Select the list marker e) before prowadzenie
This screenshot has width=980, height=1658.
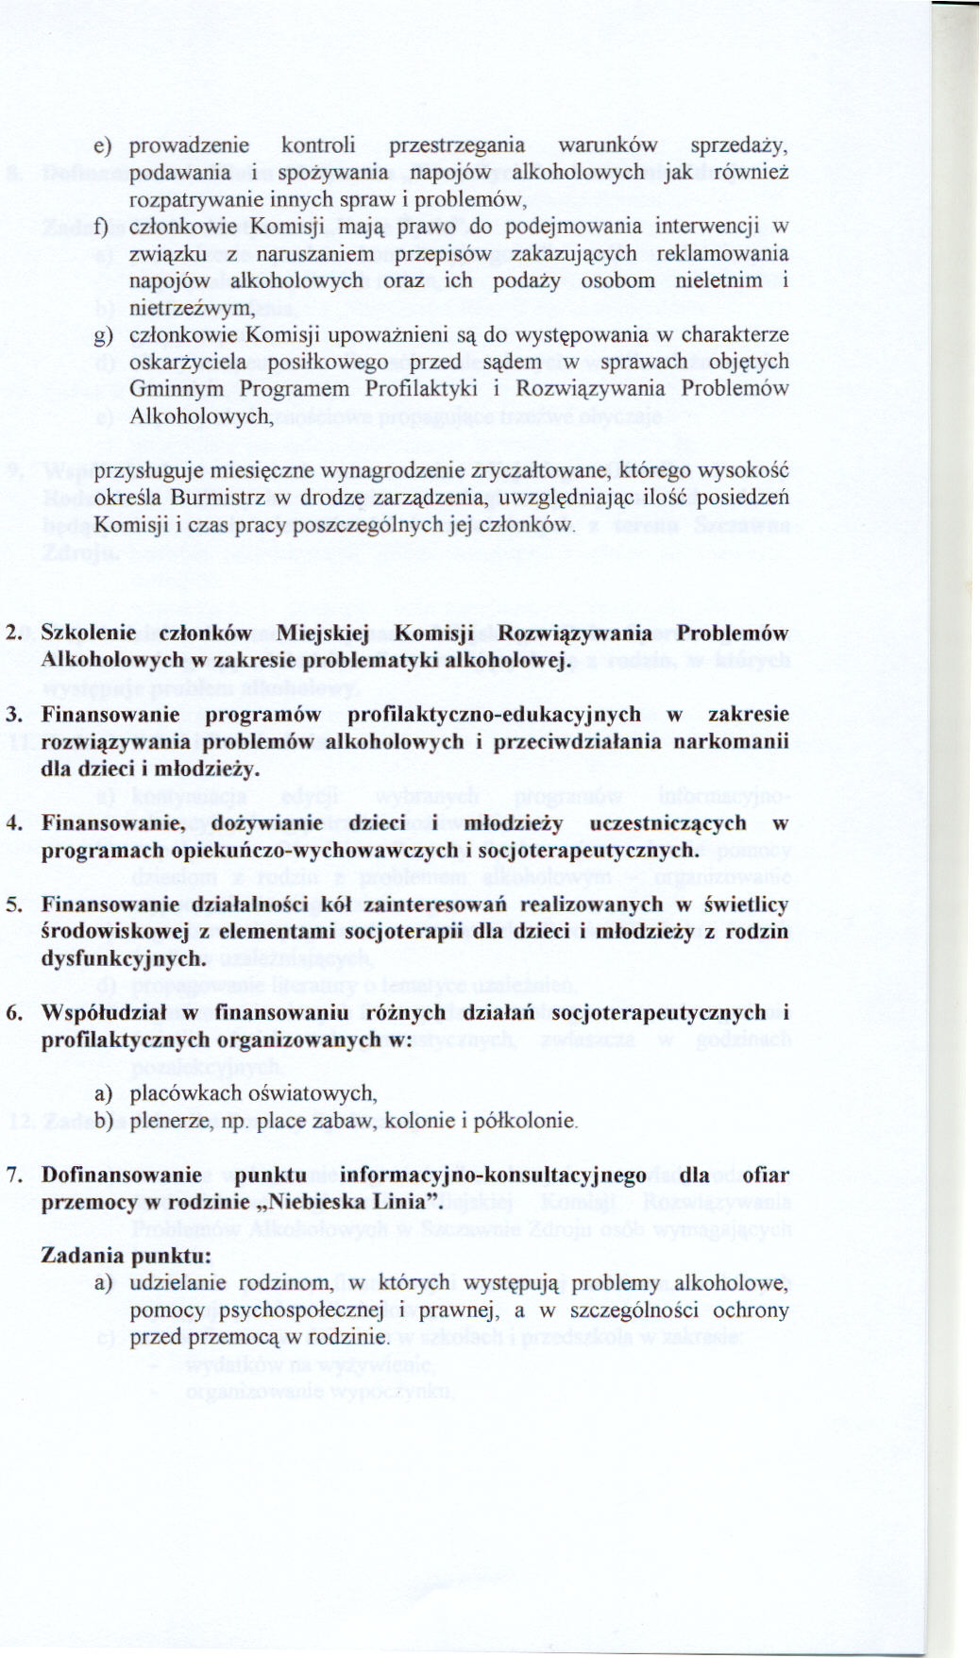coord(102,146)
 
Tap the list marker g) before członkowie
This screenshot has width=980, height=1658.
coord(102,335)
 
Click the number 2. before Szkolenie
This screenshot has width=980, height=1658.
coord(14,633)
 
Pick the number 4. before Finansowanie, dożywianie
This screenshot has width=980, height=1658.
coord(14,823)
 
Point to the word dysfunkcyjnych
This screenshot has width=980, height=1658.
coord(123,958)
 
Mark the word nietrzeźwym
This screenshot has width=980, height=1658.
coord(192,308)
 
